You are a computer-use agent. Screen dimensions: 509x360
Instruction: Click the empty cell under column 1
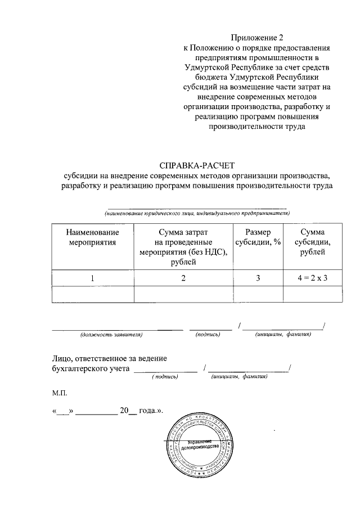[x=92, y=294]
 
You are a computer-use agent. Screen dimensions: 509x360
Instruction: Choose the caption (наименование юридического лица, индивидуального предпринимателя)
[x=197, y=214]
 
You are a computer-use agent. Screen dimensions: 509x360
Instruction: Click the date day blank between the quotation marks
[x=62, y=411]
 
